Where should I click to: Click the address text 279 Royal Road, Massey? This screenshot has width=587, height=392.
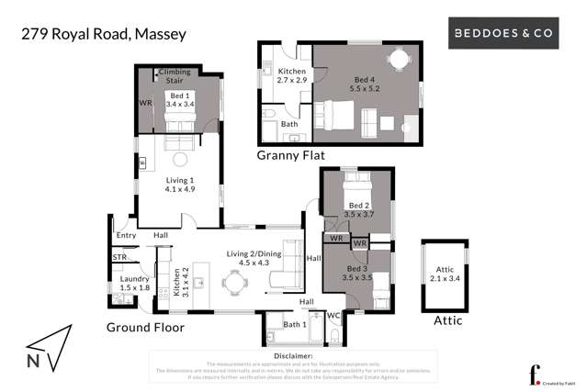click(x=103, y=35)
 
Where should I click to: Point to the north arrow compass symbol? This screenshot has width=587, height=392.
click(x=46, y=350)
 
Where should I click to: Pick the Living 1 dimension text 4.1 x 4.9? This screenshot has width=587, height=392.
click(x=181, y=190)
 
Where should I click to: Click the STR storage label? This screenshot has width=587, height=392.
click(x=119, y=258)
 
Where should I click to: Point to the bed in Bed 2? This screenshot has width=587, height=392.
click(x=356, y=185)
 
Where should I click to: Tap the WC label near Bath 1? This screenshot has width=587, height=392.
click(x=333, y=316)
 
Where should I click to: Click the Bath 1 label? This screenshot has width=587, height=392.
click(x=295, y=324)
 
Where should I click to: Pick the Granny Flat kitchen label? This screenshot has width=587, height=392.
click(x=292, y=71)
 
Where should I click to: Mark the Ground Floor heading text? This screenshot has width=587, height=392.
click(x=145, y=328)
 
